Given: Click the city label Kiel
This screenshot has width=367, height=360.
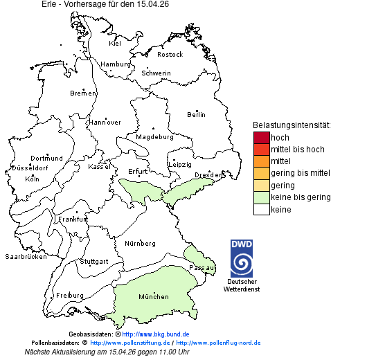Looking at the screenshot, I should click(115, 43).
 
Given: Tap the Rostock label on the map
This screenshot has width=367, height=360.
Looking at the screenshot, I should click(170, 54).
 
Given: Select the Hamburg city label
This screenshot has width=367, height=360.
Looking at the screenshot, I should click(116, 64).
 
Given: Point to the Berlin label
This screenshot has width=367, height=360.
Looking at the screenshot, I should click(196, 114).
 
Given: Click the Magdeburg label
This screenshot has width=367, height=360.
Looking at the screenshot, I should click(154, 136).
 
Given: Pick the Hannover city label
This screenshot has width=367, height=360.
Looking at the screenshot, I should click(105, 122).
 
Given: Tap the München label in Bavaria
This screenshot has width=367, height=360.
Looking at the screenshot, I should click(153, 296).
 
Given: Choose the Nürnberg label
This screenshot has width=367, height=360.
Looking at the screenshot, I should click(140, 243).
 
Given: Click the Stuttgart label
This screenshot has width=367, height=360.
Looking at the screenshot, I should click(94, 262).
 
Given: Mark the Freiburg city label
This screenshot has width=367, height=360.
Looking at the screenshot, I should click(70, 295).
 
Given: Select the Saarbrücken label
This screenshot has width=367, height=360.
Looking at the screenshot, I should click(26, 256).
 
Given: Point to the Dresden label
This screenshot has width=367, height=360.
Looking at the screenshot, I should click(207, 175).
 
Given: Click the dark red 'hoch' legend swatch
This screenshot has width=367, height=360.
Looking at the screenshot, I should click(261, 138).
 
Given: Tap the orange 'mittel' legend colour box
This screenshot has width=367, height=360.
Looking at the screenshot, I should click(261, 161).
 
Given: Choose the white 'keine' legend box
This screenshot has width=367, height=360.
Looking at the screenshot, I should click(261, 209).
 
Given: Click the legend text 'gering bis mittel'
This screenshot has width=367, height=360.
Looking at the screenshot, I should click(300, 173).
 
